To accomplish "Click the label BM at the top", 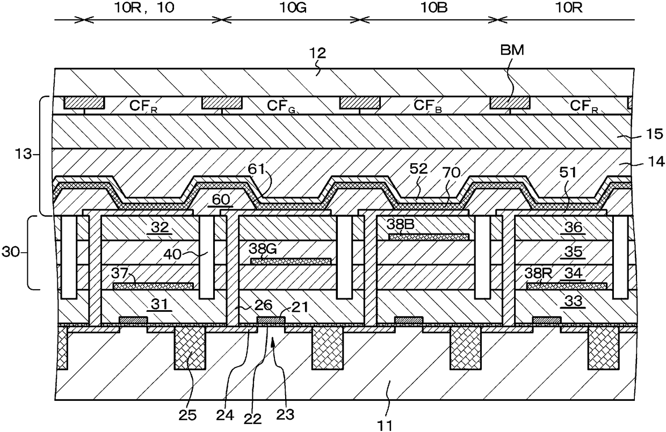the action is click(x=512, y=50).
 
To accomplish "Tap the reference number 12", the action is click(x=317, y=53).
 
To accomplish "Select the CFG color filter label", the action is click(x=281, y=106).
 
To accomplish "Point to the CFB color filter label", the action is click(x=428, y=106).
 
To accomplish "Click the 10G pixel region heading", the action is click(x=293, y=8).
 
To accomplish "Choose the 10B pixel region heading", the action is click(x=434, y=8).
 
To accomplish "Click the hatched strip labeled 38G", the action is click(x=291, y=261).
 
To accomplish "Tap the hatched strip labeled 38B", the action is click(x=429, y=237).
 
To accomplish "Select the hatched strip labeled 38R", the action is click(x=567, y=286).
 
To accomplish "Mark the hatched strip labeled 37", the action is click(x=154, y=286).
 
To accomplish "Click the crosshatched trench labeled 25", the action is click(x=190, y=348).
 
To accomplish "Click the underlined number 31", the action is click(x=160, y=304).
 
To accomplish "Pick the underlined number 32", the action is click(x=160, y=228).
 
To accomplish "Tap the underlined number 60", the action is click(x=221, y=200).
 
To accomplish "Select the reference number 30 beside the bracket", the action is click(x=10, y=253).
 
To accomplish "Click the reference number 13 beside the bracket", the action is click(x=23, y=154).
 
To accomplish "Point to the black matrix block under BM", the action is click(x=510, y=103).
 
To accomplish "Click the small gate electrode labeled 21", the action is click(x=271, y=320).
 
